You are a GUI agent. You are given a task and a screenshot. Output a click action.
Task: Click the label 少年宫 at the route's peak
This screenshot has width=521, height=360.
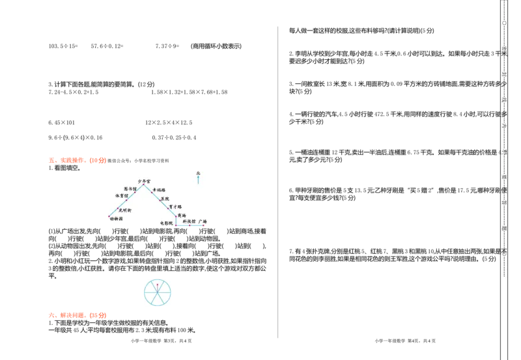tap(144, 181)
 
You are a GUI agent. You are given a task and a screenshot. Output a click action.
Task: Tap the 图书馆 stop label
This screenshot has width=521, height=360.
tap(130, 189)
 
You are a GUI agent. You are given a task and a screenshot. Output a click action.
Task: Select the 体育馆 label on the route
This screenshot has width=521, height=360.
tap(122, 195)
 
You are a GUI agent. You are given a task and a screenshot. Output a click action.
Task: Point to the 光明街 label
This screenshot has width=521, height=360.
tap(125, 210)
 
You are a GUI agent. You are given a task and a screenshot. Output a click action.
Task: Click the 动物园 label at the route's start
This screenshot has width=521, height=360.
tap(116, 219)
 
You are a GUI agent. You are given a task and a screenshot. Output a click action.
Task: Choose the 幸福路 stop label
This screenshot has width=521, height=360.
tap(159, 190)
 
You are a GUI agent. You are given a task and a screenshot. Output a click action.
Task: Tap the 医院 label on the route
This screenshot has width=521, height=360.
tap(164, 199)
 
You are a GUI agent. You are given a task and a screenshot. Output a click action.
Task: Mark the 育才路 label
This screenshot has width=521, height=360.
tap(175, 206)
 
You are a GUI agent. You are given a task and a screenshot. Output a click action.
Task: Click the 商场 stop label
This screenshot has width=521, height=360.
tap(181, 215)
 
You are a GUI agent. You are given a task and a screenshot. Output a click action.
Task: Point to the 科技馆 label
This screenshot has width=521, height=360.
tap(189, 221)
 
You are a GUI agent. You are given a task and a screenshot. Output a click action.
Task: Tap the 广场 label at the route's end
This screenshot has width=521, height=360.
tap(203, 221)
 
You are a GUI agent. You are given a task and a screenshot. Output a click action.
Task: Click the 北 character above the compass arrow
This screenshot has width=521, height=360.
tap(198, 173)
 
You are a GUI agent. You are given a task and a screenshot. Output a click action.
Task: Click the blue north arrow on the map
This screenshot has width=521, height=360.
tap(198, 180)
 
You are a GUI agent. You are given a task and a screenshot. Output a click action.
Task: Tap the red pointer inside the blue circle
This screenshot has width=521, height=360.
tap(156, 286)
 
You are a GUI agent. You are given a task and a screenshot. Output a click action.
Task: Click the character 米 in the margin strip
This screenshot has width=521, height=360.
tap(503, 53)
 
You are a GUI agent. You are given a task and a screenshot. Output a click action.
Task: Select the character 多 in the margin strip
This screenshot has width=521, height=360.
tap(503, 114)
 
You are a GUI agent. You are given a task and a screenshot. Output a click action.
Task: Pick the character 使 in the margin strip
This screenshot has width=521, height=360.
tap(503, 190)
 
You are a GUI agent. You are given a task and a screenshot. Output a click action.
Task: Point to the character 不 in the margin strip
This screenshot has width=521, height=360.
tap(503, 251)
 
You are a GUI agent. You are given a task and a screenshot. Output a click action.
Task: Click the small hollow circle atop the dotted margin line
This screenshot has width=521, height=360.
tap(503, 23)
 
